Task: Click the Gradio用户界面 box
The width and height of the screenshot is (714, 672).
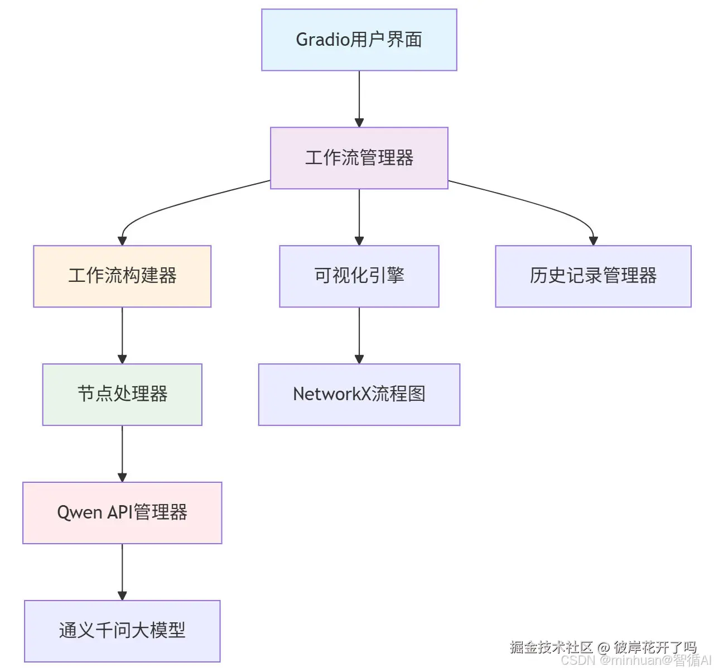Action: pyautogui.click(x=359, y=40)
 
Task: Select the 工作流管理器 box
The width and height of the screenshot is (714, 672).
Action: pyautogui.click(x=359, y=158)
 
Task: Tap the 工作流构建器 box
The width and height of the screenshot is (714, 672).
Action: pyautogui.click(x=122, y=276)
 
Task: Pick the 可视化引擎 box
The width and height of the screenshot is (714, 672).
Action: pyautogui.click(x=359, y=276)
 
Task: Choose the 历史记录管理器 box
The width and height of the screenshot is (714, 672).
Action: pyautogui.click(x=593, y=276)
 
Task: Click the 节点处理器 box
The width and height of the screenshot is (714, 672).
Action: pyautogui.click(x=122, y=395)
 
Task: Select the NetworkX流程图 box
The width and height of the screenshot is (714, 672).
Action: pyautogui.click(x=359, y=395)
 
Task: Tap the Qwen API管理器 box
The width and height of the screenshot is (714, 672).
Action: pyautogui.click(x=122, y=513)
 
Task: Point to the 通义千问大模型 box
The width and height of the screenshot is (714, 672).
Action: pyautogui.click(x=122, y=631)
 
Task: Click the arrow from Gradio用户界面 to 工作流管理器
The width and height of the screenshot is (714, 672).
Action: pyautogui.click(x=359, y=99)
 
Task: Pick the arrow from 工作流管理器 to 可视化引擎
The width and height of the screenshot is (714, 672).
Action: pyautogui.click(x=359, y=217)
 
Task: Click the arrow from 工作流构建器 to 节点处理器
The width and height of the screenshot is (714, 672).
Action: pyautogui.click(x=122, y=335)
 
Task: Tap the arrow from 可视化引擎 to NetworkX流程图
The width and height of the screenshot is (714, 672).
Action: pyautogui.click(x=359, y=335)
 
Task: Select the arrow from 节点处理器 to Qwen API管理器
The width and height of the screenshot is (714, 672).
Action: pyautogui.click(x=122, y=454)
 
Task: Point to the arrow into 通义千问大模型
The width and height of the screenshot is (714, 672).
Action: pyautogui.click(x=122, y=572)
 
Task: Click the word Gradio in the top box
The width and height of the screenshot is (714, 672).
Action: pyautogui.click(x=322, y=40)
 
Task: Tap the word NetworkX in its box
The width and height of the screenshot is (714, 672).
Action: pyautogui.click(x=332, y=394)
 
